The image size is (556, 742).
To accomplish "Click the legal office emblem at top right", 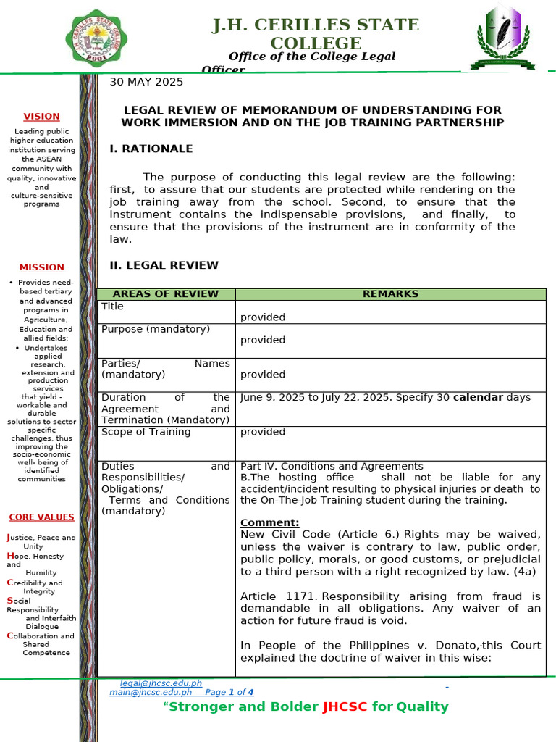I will point(502,36).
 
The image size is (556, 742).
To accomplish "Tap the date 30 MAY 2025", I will point(146,82).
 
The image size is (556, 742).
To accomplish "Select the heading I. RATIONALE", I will point(151,149).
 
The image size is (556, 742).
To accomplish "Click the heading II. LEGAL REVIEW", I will point(164,265).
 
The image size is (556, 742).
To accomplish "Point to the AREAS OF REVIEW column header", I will point(166,294).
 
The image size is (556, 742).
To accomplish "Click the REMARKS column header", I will point(390,294).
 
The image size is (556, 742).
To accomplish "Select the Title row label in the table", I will point(112,307).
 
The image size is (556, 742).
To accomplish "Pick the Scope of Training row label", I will point(146,432).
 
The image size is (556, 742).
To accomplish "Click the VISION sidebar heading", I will point(41,116).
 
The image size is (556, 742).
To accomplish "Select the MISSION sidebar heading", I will point(41,267).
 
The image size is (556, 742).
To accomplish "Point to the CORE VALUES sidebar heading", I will point(41,517).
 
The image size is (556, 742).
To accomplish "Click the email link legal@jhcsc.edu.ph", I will point(161,683).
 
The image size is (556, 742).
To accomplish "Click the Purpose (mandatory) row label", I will point(155,329).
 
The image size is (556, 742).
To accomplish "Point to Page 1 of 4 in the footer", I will point(230,692).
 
